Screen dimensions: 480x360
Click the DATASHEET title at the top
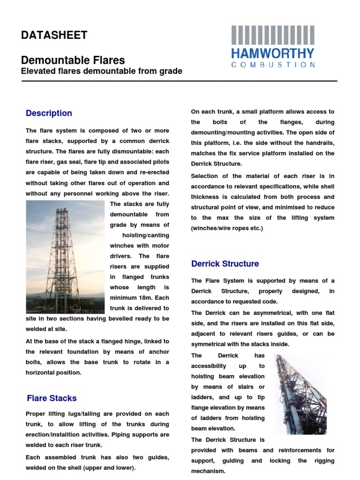(x=54, y=35)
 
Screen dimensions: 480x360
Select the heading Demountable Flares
(x=73, y=60)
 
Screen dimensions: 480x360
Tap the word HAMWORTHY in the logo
(x=273, y=53)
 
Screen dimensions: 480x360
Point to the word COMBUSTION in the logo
(x=273, y=65)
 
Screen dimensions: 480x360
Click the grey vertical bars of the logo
(x=273, y=35)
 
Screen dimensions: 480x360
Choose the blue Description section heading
(x=49, y=113)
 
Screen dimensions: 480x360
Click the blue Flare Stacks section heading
(x=52, y=398)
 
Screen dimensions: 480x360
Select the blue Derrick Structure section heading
(x=225, y=263)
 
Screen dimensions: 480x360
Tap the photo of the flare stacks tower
(x=65, y=257)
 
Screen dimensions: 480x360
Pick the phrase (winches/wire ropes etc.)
(x=227, y=228)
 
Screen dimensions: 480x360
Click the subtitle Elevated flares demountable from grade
(x=102, y=71)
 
